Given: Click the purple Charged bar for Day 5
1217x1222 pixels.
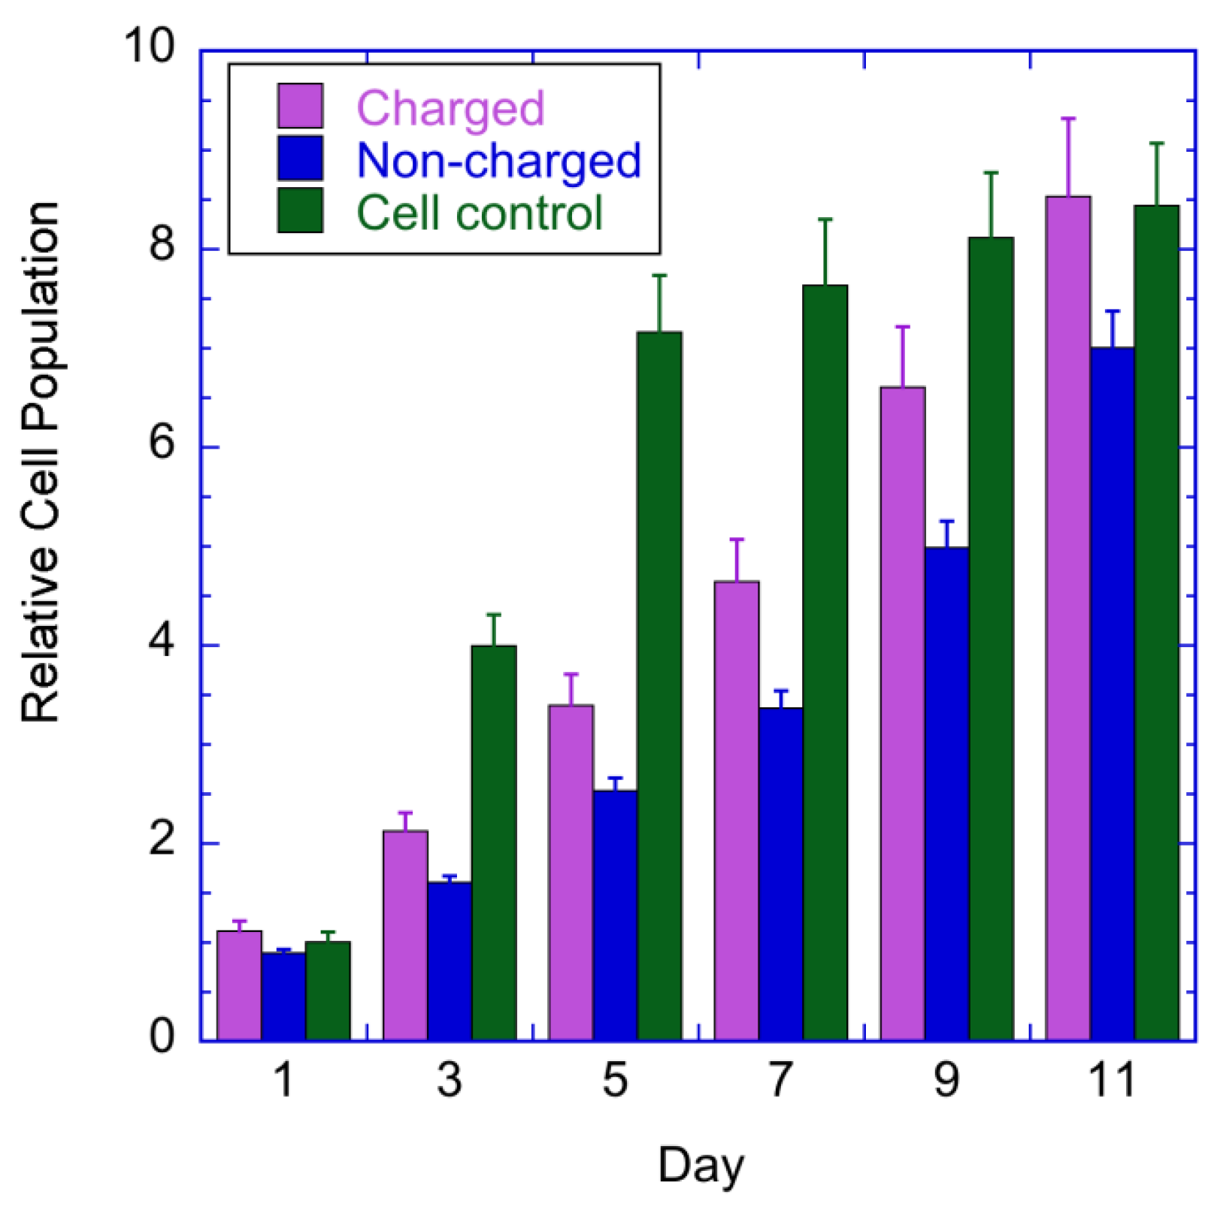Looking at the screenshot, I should pos(571,872).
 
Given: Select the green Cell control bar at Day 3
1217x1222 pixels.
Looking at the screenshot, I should pos(494,842).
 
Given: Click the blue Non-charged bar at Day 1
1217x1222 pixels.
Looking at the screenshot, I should pos(283,996).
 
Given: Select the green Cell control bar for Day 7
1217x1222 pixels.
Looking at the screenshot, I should pos(825,661).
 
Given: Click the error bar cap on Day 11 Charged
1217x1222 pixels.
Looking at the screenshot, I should pos(1068,119).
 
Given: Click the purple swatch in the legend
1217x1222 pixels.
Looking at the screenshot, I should pos(300,106).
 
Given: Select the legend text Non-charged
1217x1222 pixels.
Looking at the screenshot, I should pos(498,160).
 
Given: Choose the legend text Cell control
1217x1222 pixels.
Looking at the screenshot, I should pos(479,213).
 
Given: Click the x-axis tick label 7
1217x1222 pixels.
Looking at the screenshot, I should pos(780,1080).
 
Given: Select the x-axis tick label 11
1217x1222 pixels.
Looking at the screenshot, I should pos(1111,1080).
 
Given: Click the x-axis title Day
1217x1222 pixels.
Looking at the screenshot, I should pos(701,1166).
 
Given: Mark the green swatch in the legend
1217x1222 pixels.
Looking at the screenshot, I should pos(300,210).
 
